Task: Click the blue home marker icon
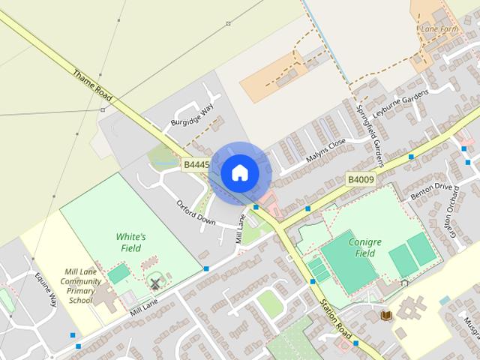coord(238,172)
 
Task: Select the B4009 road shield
coord(360,180)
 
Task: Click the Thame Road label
coord(92,87)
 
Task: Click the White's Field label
coord(130,241)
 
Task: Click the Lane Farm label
coord(439,29)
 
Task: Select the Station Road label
coord(335,319)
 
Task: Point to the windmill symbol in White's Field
coord(155,283)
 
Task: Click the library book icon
coord(387,315)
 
